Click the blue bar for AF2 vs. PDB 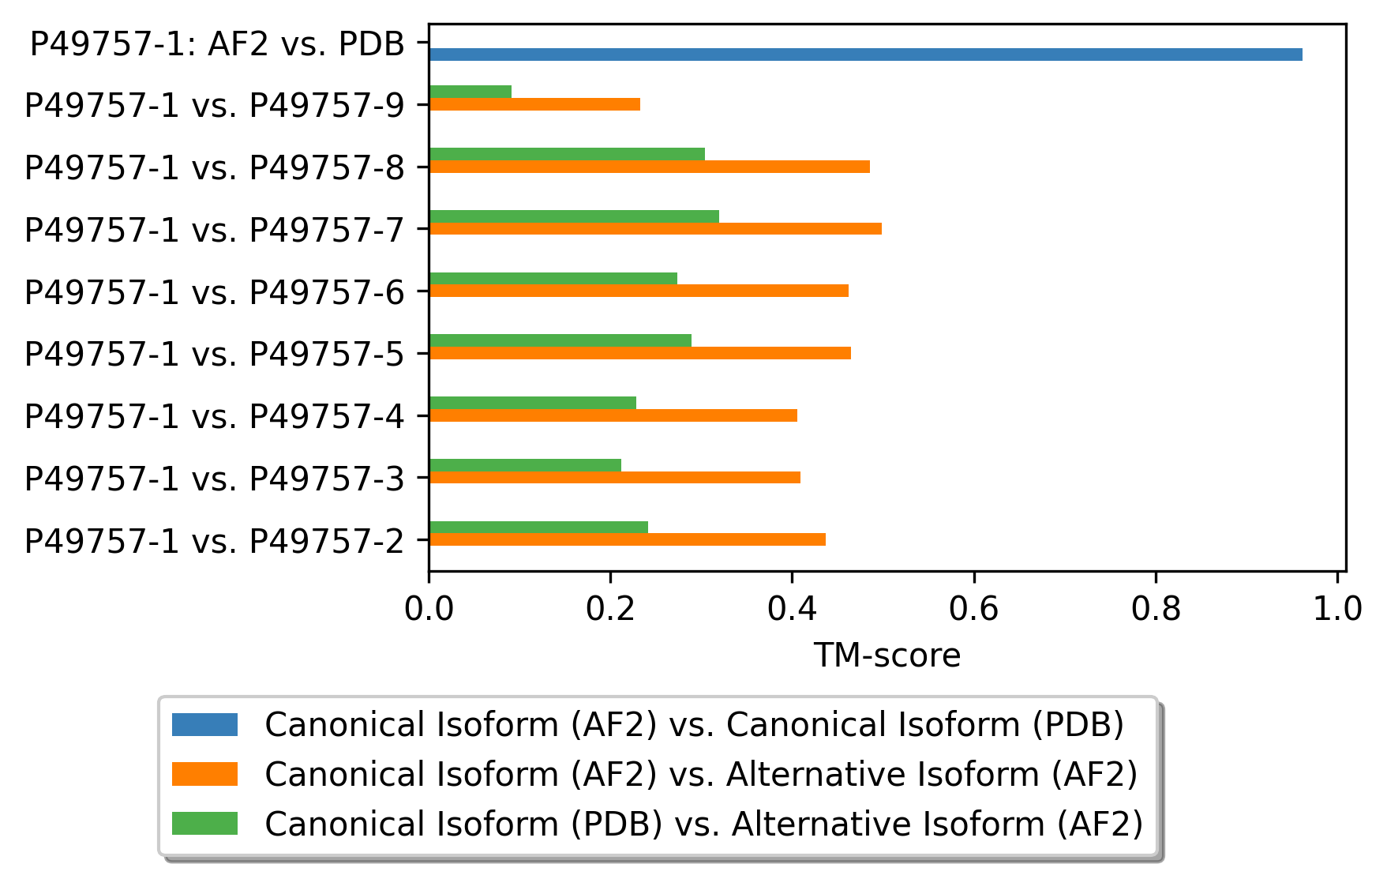coord(865,54)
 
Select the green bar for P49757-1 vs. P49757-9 coord(470,92)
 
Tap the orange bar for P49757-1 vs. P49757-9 coord(534,104)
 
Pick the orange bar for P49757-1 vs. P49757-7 coord(655,229)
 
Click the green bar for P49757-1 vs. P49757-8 coord(567,154)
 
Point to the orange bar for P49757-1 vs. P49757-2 coord(627,539)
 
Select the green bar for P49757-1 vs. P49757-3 coord(525,465)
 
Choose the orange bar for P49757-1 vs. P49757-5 coord(639,353)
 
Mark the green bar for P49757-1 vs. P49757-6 coord(553,278)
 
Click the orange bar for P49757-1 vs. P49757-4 coord(613,415)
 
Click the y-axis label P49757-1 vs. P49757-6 coord(215,292)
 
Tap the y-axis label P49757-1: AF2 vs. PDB coord(218,44)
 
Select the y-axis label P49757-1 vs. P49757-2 coord(215,541)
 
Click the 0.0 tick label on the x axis coord(429,609)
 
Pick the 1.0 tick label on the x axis coord(1337,609)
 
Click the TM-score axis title coord(887,655)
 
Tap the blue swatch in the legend coord(204,724)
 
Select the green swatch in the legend coord(204,823)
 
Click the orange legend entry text coord(701,774)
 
